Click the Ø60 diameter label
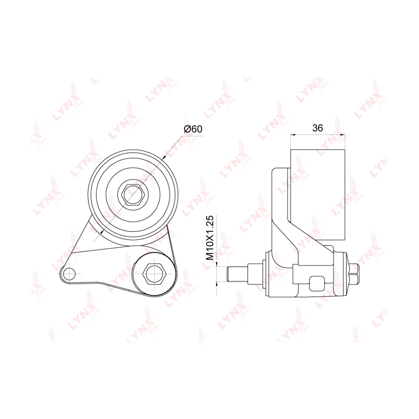(x=193, y=129)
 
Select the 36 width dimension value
(x=317, y=128)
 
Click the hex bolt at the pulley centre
(x=133, y=194)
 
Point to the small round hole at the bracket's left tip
(x=69, y=273)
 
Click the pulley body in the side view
(x=317, y=194)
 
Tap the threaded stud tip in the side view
(x=237, y=274)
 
